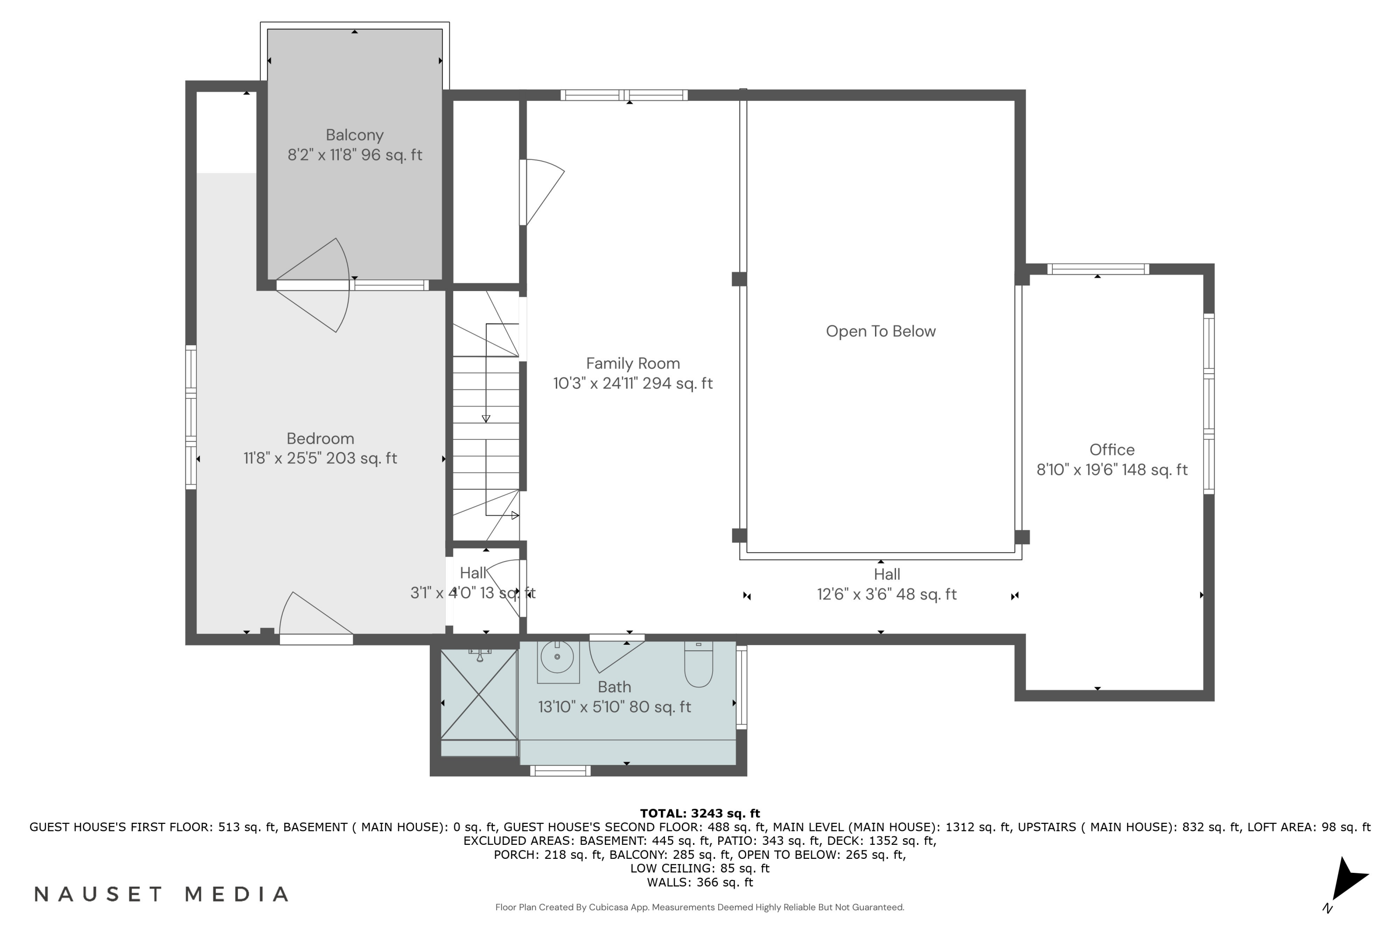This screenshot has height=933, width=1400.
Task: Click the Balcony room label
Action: point(354,135)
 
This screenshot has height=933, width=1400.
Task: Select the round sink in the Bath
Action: point(557,657)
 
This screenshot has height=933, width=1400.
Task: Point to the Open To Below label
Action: point(880,331)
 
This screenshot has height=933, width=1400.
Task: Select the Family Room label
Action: point(633,363)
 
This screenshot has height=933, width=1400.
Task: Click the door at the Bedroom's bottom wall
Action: point(315,619)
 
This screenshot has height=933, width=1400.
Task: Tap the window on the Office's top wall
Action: point(1098,269)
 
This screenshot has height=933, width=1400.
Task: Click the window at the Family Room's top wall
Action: point(624,95)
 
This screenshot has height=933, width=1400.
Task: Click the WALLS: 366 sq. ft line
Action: point(700,883)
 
